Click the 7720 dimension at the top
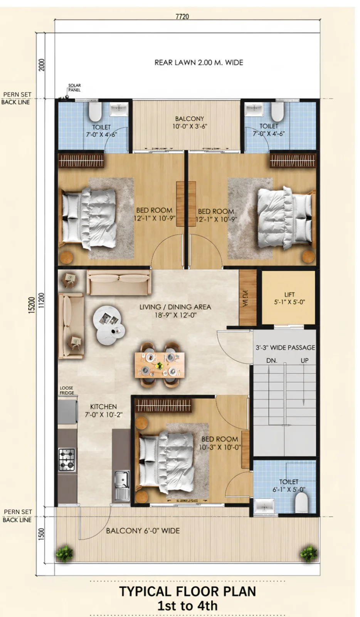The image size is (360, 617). click(x=182, y=17)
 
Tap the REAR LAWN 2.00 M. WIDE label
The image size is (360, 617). click(x=199, y=62)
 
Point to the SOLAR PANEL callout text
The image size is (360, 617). click(x=74, y=88)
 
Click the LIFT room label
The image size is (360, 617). click(x=289, y=298)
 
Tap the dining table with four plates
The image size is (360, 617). click(x=159, y=365)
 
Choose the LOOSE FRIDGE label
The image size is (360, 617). click(x=67, y=390)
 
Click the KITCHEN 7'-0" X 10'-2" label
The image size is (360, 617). click(x=103, y=410)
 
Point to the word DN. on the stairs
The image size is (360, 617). click(x=272, y=361)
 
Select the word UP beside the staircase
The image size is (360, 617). click(x=304, y=360)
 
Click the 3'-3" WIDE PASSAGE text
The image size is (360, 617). click(x=285, y=347)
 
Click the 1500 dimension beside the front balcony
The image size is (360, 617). click(x=41, y=534)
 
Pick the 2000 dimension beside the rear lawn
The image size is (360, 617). click(x=41, y=65)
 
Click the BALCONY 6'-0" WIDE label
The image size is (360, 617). click(x=143, y=531)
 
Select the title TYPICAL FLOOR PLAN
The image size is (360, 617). click(x=187, y=591)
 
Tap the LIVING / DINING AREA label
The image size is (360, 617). click(x=175, y=311)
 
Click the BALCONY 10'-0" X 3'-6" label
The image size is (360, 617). click(x=189, y=123)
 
